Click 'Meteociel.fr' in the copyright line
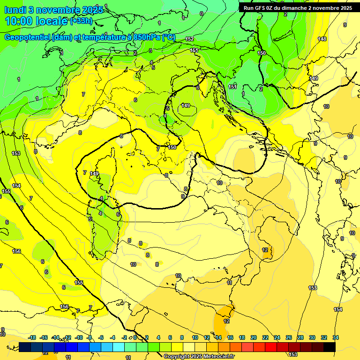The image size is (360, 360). point(218,357)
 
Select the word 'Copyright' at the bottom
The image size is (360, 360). point(177,357)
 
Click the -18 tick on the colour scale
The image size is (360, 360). point(32,337)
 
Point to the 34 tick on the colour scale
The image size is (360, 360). point(335,337)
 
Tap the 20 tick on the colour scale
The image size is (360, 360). point(254,337)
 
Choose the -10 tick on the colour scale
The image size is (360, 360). point(79,337)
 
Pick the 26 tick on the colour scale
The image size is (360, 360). point(289,337)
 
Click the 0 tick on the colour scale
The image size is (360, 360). point(136,337)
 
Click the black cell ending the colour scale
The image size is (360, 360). point(329,346)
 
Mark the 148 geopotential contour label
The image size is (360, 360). point(322,39)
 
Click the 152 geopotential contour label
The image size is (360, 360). point(189,39)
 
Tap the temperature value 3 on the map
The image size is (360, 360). point(150,51)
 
